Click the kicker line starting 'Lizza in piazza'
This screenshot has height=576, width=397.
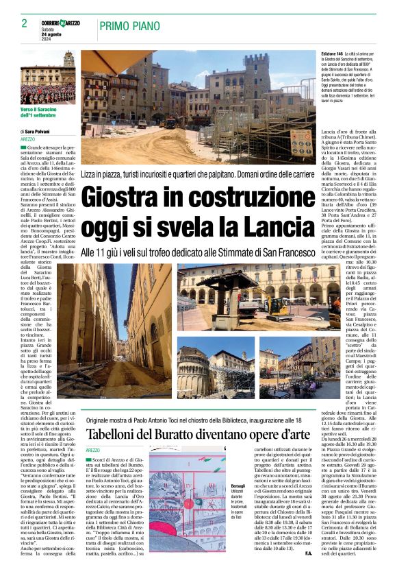point(198,176)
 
